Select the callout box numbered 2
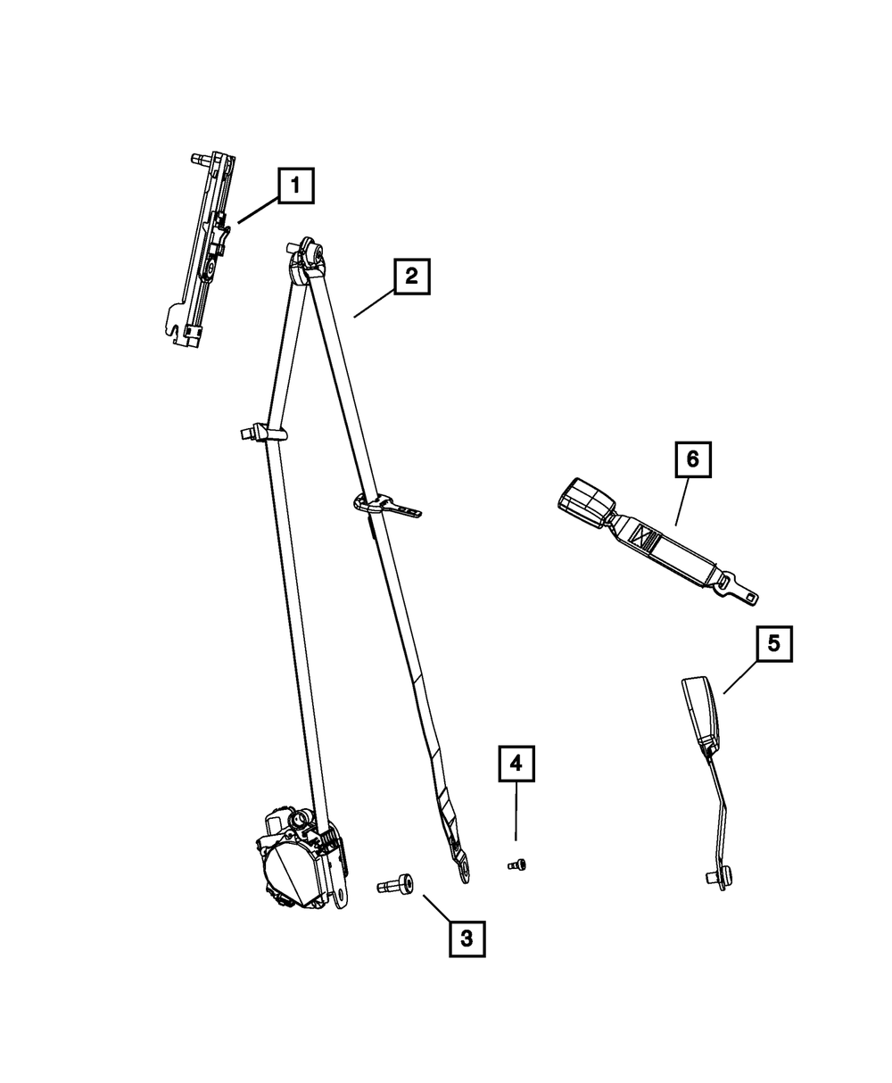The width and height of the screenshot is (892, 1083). click(411, 277)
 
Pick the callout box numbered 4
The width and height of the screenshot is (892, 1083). click(516, 764)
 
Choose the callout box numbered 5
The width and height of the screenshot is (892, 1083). click(773, 644)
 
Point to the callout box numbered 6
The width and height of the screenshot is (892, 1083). click(692, 460)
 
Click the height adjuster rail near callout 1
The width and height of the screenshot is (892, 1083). click(204, 250)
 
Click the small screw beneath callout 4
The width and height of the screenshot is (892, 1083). click(516, 863)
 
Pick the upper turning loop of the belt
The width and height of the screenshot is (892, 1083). click(307, 257)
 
